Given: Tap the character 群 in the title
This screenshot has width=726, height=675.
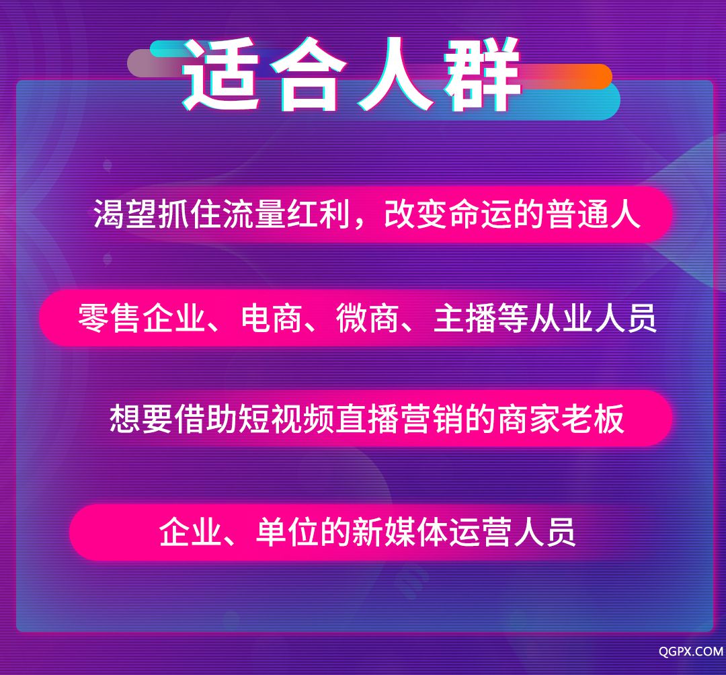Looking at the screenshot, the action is (482, 74).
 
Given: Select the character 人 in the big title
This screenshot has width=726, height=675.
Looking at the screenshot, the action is (396, 74).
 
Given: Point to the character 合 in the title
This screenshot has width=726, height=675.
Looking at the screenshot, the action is (309, 74).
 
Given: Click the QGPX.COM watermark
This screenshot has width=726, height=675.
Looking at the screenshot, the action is (691, 651).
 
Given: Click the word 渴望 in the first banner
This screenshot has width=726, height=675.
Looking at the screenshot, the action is (125, 214).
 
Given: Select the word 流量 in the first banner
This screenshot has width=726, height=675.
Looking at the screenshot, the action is (254, 214).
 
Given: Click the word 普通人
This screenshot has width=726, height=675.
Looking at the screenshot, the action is (594, 214).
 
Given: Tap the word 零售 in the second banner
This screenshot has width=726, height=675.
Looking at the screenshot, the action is (109, 319).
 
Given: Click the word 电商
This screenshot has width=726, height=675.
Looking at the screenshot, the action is (272, 319).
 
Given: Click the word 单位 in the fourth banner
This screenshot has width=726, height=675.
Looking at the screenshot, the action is (287, 532).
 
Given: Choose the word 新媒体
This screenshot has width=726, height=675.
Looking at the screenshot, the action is (399, 532).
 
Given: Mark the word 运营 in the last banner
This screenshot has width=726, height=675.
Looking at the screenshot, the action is (480, 532).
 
